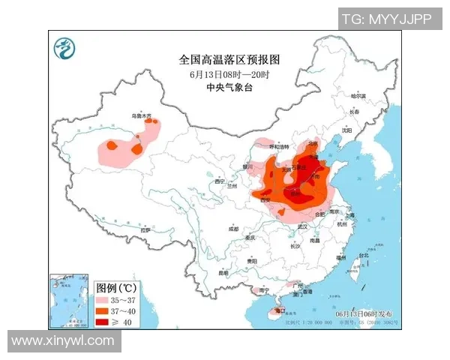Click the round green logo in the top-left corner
(x=65, y=49)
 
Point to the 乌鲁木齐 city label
(x=142, y=116)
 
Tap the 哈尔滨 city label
(x=358, y=96)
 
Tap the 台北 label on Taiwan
(x=364, y=255)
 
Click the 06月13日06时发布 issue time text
(x=367, y=312)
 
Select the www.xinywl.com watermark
(x=63, y=340)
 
